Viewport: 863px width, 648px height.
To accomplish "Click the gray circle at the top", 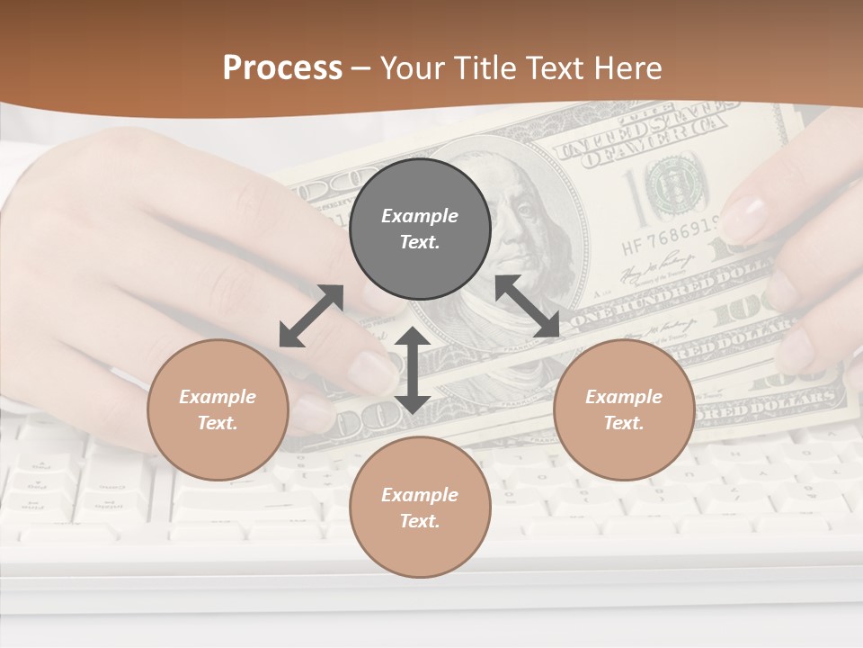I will (x=420, y=229).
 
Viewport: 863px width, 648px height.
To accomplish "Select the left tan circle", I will (x=218, y=410).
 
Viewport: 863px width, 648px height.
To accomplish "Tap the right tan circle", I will (x=624, y=410).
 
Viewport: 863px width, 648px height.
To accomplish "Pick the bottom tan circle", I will (x=420, y=508).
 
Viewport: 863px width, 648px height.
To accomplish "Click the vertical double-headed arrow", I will (x=413, y=370).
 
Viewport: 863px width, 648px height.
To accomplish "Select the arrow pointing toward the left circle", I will (x=311, y=316).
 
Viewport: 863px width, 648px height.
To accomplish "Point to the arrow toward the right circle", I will (x=528, y=306).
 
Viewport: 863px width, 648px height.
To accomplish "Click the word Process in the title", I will (x=282, y=67).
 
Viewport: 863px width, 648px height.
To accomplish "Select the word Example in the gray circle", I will (x=420, y=216).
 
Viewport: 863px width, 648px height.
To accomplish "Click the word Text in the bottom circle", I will (x=418, y=521).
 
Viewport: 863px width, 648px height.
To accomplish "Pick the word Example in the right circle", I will (x=624, y=397).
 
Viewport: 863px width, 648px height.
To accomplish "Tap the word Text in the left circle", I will (x=216, y=423).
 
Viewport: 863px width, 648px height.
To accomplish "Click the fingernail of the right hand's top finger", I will (x=745, y=217).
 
